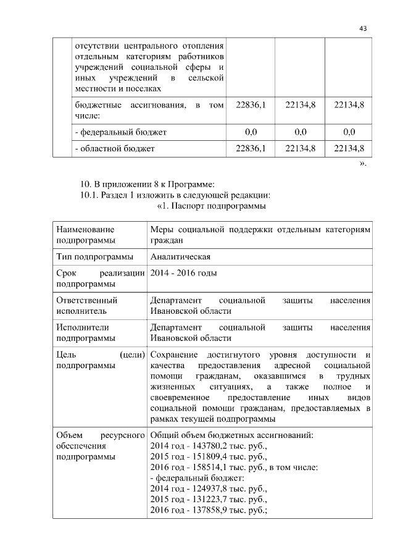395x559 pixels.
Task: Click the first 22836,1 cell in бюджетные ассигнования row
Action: [x=251, y=106]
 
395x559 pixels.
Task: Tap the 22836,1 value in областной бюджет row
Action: [x=251, y=148]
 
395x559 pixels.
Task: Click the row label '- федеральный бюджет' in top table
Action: [x=120, y=132]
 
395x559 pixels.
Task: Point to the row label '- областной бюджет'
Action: [x=114, y=148]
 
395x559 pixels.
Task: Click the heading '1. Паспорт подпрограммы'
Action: [x=212, y=205]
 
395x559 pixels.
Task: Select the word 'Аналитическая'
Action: [x=181, y=256]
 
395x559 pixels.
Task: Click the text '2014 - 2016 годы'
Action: [x=183, y=273]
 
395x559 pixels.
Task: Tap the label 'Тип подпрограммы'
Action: [x=94, y=256]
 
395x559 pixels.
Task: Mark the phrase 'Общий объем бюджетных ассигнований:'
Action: [x=231, y=434]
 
